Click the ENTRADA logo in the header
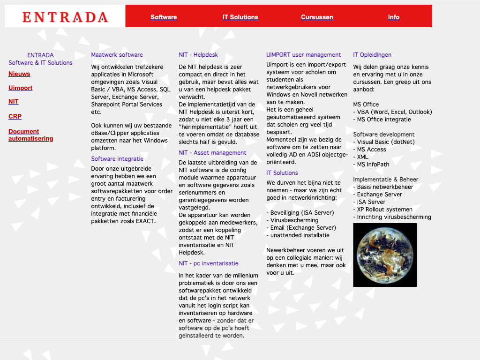65,17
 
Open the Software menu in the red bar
164,17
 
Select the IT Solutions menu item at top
240,17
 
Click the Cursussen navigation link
317,17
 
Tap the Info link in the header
393,17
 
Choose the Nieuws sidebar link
19,74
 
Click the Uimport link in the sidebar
21,88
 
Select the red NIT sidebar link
14,102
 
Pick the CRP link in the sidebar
15,117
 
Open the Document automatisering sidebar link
30,135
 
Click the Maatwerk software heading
117,55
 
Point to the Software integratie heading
117,159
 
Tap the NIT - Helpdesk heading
198,55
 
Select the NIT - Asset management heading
212,153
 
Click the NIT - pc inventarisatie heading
209,263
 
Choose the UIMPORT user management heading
303,55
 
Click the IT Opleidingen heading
372,55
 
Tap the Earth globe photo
385,255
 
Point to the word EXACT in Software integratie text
144,221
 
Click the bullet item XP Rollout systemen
384,210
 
